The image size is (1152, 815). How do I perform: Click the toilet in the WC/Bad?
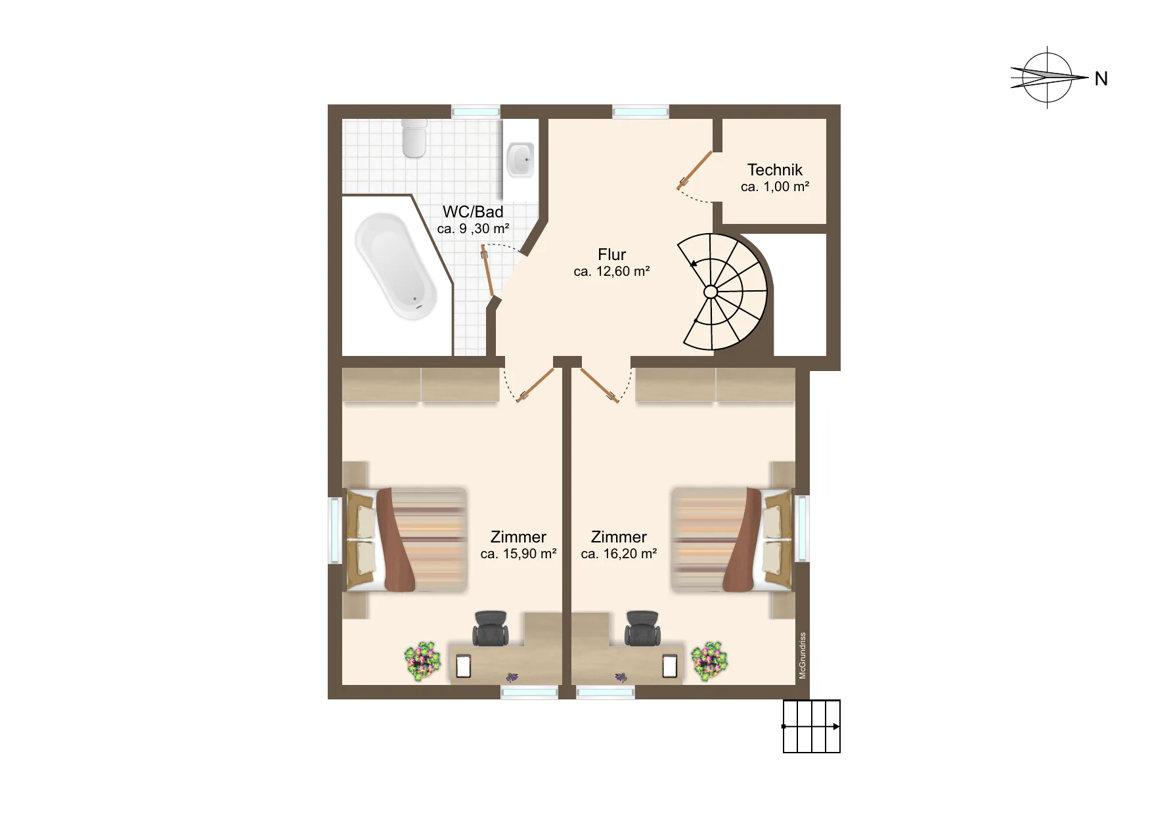click(414, 138)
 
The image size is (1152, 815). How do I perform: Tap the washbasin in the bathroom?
click(520, 158)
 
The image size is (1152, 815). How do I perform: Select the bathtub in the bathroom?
click(396, 267)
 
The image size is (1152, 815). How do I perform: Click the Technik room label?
click(775, 169)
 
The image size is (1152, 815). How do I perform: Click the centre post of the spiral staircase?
click(711, 292)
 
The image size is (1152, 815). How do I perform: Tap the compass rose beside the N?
click(1048, 77)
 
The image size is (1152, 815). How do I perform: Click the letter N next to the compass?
click(1101, 79)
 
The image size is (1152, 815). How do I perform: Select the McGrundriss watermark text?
click(803, 655)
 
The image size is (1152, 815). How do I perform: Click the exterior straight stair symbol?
click(812, 726)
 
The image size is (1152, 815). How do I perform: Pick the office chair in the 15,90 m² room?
click(490, 628)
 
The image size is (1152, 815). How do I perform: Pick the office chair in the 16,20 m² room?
click(642, 628)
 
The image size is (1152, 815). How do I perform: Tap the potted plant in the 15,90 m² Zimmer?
click(422, 661)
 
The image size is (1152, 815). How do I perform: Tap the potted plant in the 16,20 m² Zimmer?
click(709, 661)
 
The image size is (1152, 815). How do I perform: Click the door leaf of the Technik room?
click(695, 169)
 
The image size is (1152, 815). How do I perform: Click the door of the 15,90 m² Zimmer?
click(536, 385)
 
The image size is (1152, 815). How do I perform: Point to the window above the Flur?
click(641, 112)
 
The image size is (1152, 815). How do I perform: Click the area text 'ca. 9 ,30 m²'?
click(473, 229)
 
